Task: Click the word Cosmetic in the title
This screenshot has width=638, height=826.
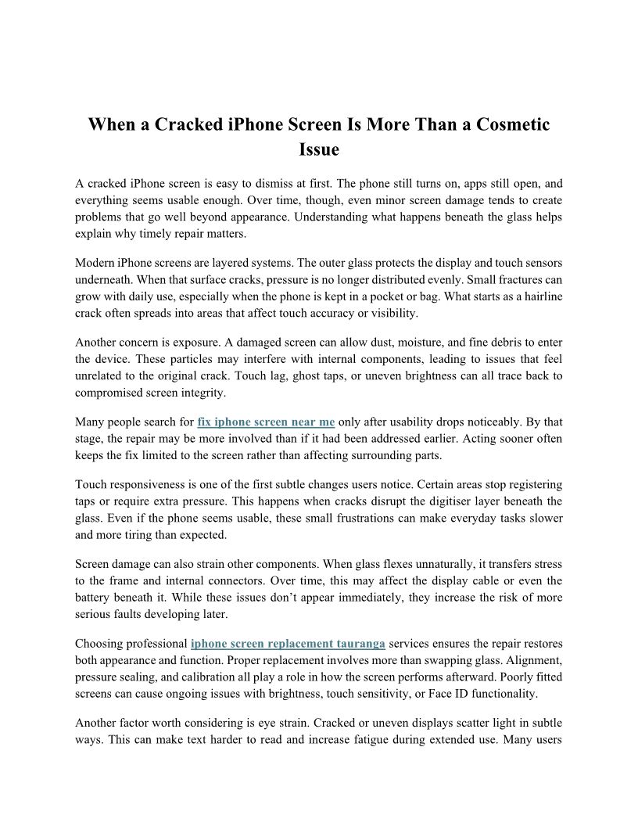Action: [508, 125]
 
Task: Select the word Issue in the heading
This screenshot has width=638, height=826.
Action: [319, 149]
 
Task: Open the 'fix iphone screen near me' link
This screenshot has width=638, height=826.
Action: [266, 422]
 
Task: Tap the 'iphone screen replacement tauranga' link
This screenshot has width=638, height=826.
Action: [288, 644]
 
